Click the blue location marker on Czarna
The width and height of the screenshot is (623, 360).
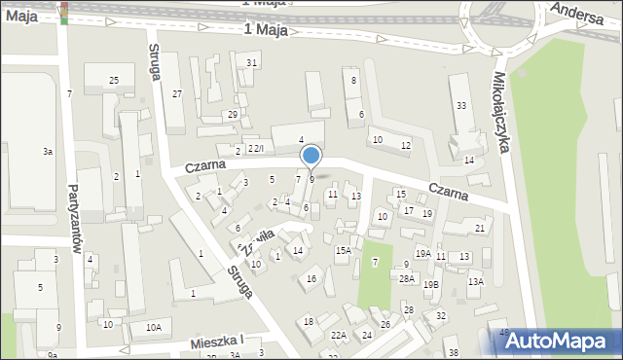tap(311, 156)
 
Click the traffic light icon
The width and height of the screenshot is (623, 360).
tap(65, 12)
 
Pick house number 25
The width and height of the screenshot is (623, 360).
tap(114, 80)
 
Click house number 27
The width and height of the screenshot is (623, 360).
tap(176, 93)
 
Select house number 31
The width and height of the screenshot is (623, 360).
tap(252, 62)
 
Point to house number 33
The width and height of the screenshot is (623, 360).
tap(461, 105)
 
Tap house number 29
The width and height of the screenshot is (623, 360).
tap(233, 115)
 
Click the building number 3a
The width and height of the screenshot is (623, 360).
tap(47, 152)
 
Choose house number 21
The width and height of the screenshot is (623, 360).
tap(479, 228)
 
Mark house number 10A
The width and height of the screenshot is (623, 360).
tap(154, 328)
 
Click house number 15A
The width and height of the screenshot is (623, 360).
tap(343, 250)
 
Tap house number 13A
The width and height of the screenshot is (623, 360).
tap(475, 281)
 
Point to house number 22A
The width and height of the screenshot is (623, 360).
tap(339, 335)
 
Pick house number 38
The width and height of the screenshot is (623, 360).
tap(453, 351)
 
